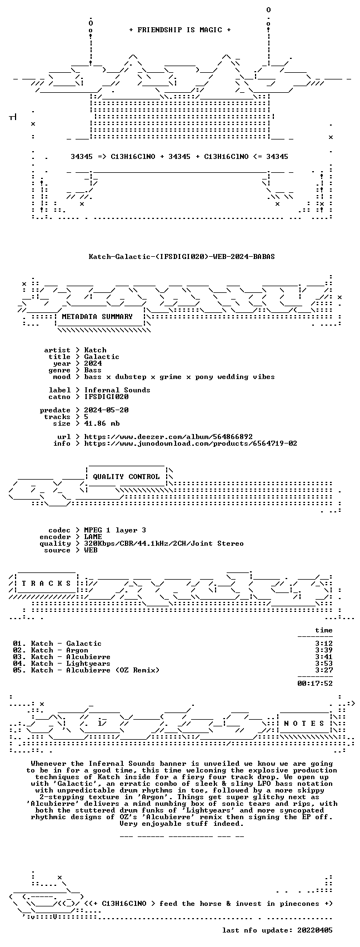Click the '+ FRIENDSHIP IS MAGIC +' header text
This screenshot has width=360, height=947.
point(180,30)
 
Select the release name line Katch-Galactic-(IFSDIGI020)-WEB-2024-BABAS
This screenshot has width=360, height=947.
point(182,257)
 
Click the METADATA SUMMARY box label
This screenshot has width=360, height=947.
point(97,317)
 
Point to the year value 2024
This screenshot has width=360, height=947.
point(93,363)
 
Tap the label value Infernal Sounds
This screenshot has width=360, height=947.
point(117,390)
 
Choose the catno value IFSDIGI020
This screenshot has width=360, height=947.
point(106,397)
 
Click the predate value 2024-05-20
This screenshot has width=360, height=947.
point(106,410)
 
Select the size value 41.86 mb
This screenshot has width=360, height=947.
point(102,423)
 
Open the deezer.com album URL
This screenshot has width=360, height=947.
point(168,437)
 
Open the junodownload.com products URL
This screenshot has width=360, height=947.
point(191,443)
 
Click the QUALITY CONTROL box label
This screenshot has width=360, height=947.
point(126,477)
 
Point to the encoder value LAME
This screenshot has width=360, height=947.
point(93,537)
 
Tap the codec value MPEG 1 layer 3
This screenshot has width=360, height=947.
point(115,530)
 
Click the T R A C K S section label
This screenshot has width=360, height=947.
point(47,584)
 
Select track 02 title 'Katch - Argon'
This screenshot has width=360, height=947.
point(59,650)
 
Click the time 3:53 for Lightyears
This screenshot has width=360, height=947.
point(324,664)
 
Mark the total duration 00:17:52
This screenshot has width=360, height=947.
point(315,683)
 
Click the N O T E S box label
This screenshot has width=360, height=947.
point(304,724)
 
